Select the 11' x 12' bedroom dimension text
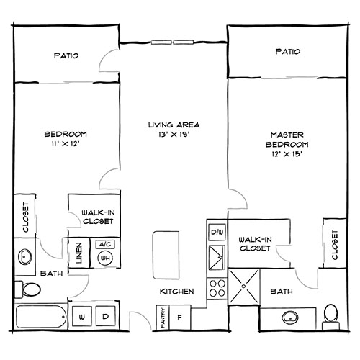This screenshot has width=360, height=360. pyautogui.click(x=66, y=143)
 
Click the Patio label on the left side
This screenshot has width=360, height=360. pyautogui.click(x=66, y=55)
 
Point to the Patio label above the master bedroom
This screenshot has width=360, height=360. pyautogui.click(x=287, y=52)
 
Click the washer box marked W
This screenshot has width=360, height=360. pyautogui.click(x=82, y=316)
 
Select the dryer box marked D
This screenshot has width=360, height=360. pyautogui.click(x=105, y=316)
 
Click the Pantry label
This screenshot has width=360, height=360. pyautogui.click(x=163, y=318)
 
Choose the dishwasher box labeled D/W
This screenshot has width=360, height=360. pyautogui.click(x=216, y=232)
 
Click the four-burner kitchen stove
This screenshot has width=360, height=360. pyautogui.click(x=216, y=288)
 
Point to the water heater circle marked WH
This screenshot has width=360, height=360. pyautogui.click(x=105, y=258)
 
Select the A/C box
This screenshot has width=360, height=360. pyautogui.click(x=103, y=244)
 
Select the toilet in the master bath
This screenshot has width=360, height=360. pyautogui.click(x=330, y=314)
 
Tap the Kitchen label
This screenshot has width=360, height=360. pyautogui.click(x=176, y=292)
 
